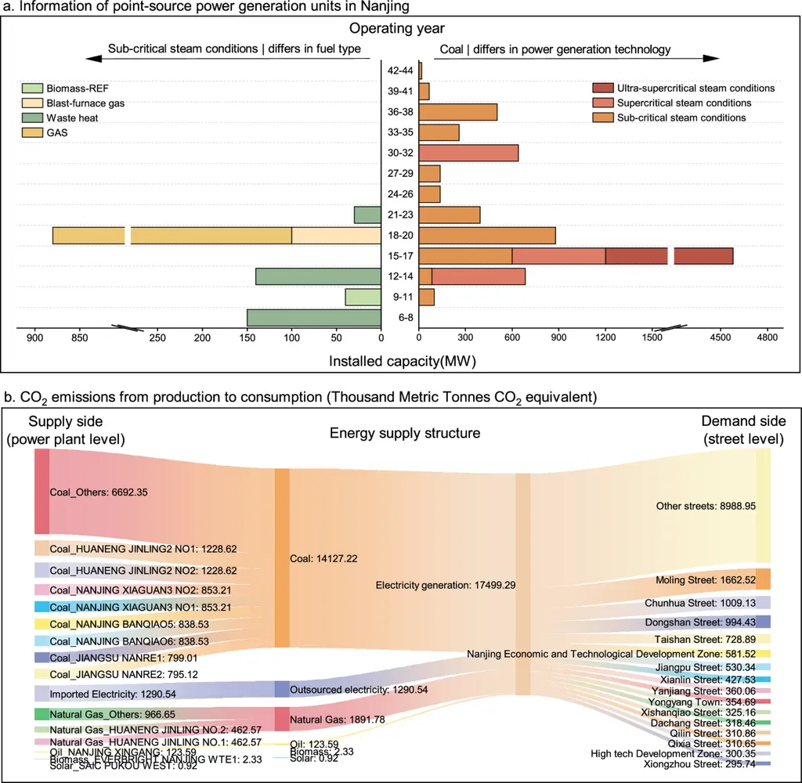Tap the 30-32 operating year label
[x=399, y=153]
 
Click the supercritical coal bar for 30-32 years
[x=469, y=153]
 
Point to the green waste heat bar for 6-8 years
[x=314, y=317]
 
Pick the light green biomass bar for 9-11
[x=363, y=297]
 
